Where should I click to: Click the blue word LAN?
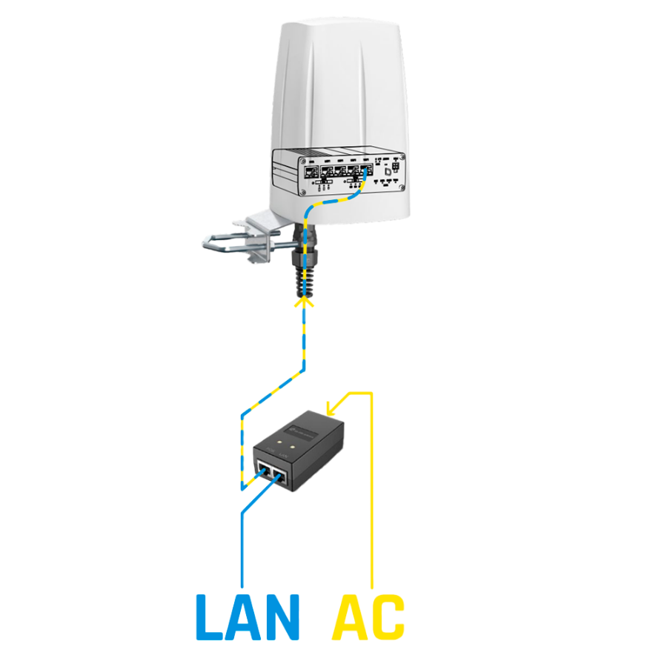(x=247, y=617)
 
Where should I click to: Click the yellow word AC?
(x=369, y=617)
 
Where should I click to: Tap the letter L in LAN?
(x=208, y=617)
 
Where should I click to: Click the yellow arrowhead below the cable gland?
(x=304, y=301)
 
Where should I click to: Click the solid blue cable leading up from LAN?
(x=242, y=541)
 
